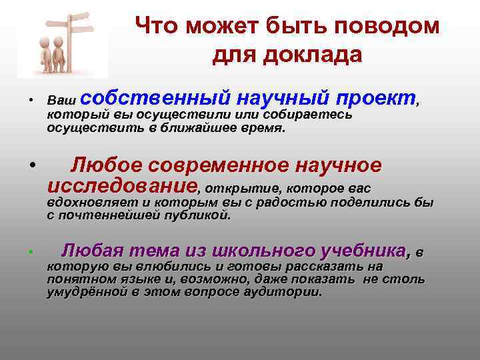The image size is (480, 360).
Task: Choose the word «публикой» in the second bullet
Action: (x=199, y=215)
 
